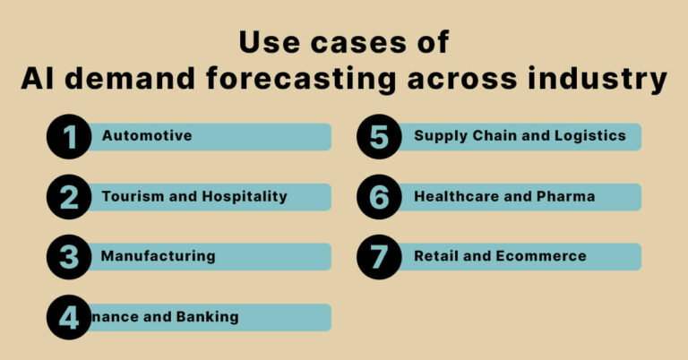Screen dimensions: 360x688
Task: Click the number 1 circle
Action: point(70,137)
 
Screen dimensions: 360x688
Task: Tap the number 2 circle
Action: point(70,197)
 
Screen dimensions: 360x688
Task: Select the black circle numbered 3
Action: point(70,256)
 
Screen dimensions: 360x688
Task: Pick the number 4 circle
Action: point(70,317)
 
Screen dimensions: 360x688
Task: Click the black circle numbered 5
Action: point(379,137)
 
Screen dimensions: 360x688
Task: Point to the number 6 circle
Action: point(379,197)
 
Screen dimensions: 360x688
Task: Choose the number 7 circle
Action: point(379,256)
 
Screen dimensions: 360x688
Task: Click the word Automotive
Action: point(147,136)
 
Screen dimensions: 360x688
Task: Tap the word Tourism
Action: point(132,196)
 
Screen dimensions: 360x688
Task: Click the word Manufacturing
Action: point(159,256)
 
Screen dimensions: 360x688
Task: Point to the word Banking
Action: point(207,316)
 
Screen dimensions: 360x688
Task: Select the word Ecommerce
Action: point(542,256)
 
